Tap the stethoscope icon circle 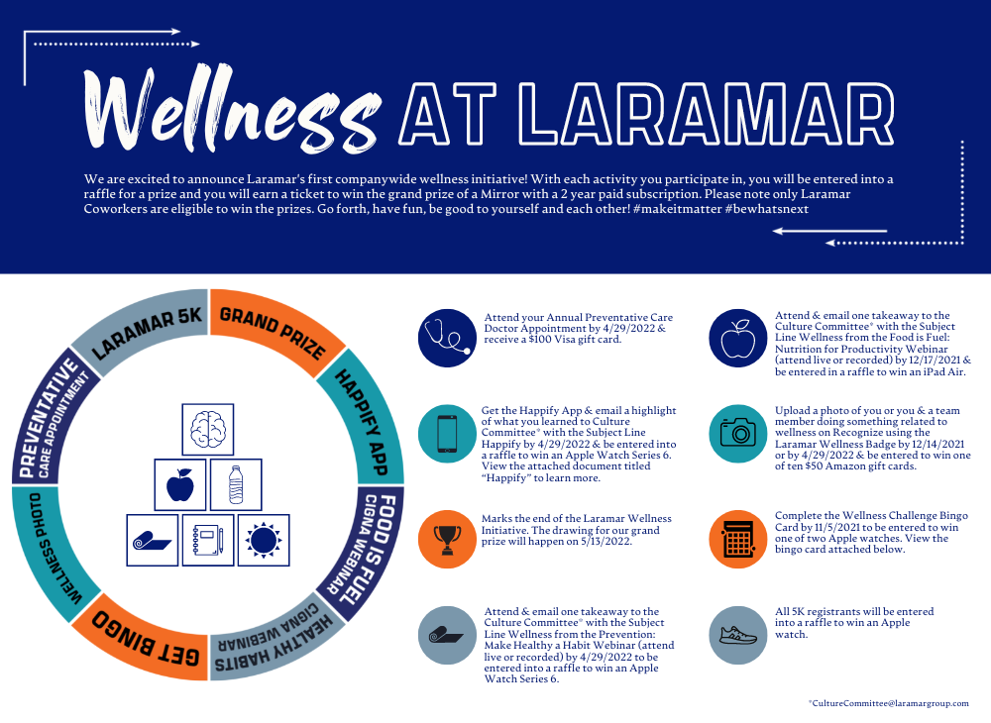445,337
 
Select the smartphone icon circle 445,434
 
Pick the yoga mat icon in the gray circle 445,635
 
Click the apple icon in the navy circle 738,337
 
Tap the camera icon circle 738,434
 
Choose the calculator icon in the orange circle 738,539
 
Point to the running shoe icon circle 738,635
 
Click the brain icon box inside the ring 208,429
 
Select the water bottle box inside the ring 236,484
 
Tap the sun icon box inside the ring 264,540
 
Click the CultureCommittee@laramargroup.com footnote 889,703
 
